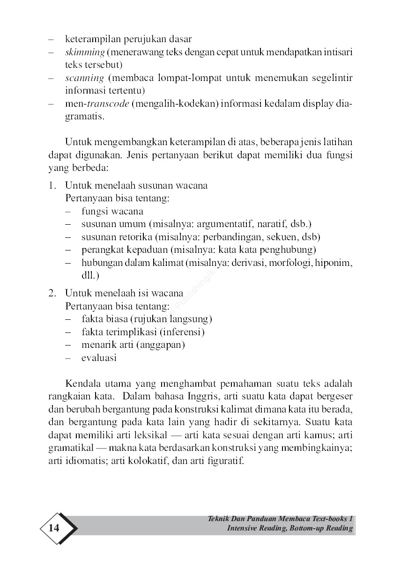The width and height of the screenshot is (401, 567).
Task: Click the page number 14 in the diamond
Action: [54, 528]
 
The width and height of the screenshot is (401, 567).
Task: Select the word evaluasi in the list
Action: [99, 358]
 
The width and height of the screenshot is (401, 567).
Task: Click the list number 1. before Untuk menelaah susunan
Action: [53, 185]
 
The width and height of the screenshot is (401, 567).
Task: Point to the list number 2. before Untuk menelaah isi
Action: [53, 294]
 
